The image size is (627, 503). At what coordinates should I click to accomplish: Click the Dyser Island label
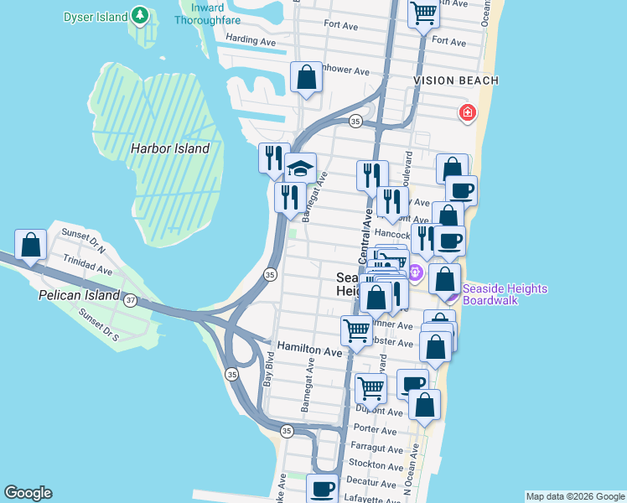[96, 17]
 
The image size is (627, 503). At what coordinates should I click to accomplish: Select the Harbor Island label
[169, 148]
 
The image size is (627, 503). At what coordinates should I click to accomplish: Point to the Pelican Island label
[79, 296]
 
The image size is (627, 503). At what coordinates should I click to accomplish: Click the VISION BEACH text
[455, 80]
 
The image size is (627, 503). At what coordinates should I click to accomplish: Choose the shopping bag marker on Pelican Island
[31, 246]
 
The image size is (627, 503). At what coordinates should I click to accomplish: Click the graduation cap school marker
[299, 169]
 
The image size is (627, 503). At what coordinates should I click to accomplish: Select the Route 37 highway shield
[130, 300]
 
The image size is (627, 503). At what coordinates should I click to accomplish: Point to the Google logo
[28, 493]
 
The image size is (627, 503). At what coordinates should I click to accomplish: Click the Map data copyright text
[574, 496]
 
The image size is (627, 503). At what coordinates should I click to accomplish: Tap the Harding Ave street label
[251, 39]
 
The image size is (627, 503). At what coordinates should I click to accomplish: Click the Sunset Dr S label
[98, 326]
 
